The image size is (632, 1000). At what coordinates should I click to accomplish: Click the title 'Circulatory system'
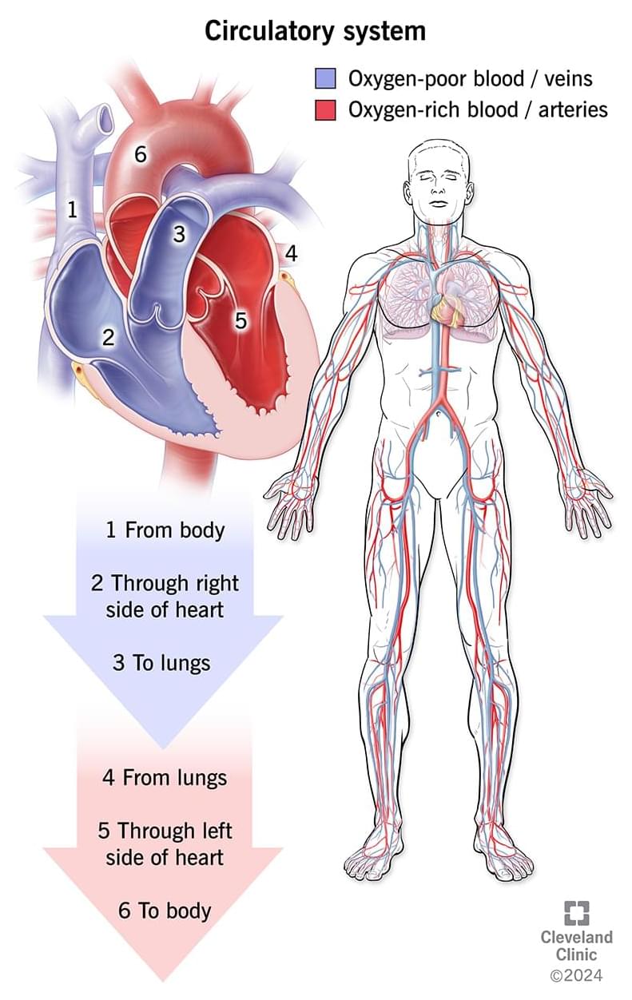click(x=315, y=32)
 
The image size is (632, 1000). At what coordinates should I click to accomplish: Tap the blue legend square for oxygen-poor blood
click(x=325, y=78)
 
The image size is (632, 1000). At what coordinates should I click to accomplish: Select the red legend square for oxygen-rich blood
click(x=325, y=110)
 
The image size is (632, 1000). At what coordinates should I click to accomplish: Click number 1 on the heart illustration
click(x=73, y=209)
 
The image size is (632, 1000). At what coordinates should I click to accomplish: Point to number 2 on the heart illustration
click(x=108, y=337)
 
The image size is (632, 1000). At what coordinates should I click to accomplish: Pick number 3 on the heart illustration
click(x=179, y=234)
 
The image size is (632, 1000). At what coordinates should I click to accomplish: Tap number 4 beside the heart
click(x=291, y=253)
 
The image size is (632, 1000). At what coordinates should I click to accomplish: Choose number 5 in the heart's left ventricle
click(x=240, y=320)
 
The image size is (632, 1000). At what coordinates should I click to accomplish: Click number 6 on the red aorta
click(x=141, y=154)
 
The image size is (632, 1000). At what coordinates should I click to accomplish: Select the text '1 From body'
click(x=165, y=530)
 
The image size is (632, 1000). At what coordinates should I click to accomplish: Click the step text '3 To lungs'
click(x=161, y=663)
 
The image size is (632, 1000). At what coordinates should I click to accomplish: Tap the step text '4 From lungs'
click(x=165, y=777)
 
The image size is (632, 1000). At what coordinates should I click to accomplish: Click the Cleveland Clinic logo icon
click(x=576, y=912)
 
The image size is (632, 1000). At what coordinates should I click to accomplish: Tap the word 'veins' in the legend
click(x=568, y=79)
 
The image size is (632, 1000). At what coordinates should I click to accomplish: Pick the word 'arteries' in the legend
click(x=573, y=110)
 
